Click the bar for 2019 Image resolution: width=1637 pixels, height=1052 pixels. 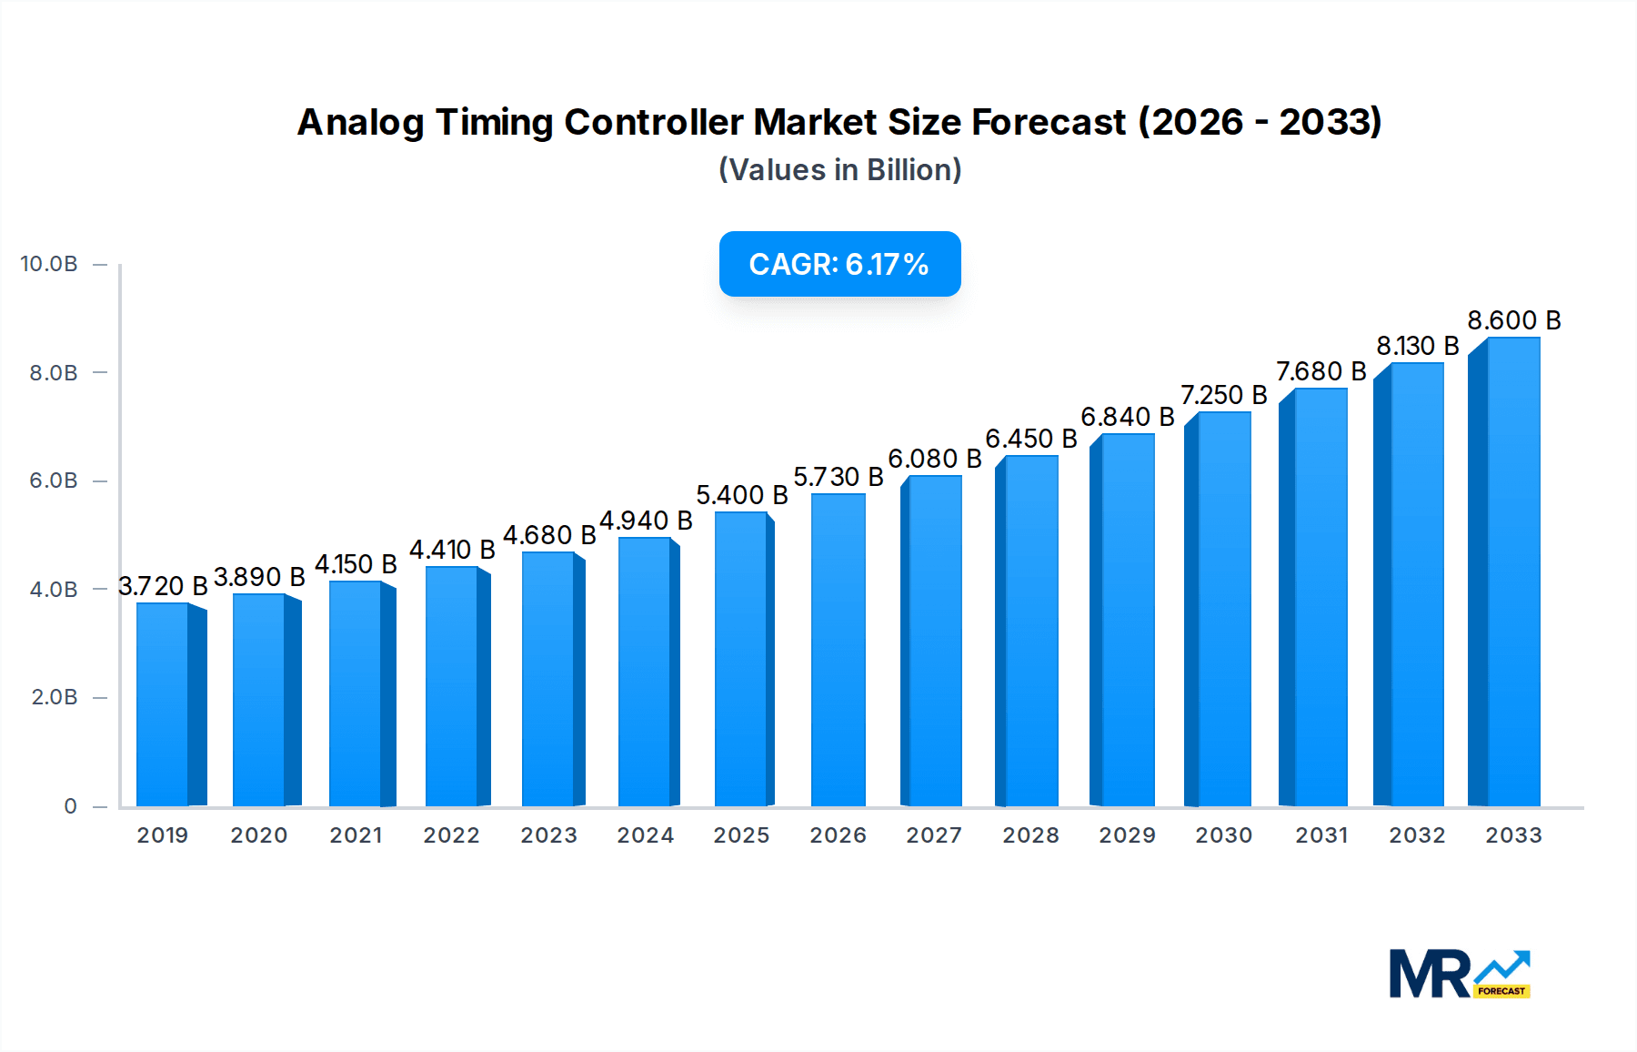(x=164, y=705)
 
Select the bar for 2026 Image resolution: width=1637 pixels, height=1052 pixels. (x=838, y=651)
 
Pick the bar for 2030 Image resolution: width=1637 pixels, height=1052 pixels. (x=1223, y=610)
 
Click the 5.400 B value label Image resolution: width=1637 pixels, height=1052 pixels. (x=741, y=495)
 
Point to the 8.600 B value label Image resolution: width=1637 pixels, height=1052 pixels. (x=1513, y=320)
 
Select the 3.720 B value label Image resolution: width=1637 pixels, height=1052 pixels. (x=163, y=586)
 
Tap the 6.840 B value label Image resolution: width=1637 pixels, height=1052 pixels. (x=1127, y=417)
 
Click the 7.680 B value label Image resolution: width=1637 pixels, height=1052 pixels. (x=1321, y=371)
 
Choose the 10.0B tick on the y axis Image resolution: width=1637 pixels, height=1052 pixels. (x=49, y=264)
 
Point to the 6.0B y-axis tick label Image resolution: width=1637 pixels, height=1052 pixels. (x=54, y=480)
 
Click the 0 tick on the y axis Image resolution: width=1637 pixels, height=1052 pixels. (x=70, y=806)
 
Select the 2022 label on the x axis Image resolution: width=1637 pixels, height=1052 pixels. (x=451, y=835)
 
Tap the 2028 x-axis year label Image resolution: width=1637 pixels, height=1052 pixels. (x=1030, y=835)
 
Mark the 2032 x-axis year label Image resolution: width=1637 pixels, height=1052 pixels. (x=1417, y=835)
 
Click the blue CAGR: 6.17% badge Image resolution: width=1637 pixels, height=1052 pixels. (x=839, y=264)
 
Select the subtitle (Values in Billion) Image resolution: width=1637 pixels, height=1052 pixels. (x=839, y=170)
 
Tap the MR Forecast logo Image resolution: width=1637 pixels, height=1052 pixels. (x=1459, y=974)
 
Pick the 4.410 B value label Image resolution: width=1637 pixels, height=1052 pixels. (x=452, y=550)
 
